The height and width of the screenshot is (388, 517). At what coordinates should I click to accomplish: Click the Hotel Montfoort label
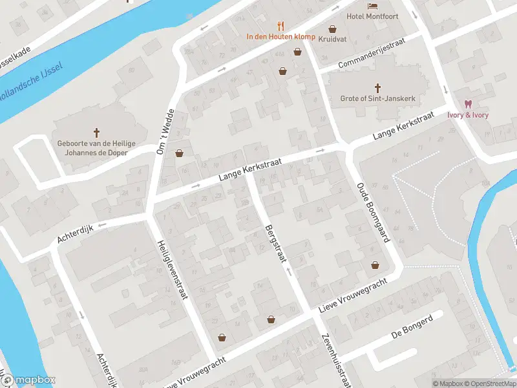pyautogui.click(x=372, y=16)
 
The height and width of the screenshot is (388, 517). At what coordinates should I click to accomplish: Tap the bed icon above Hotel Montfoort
pyautogui.click(x=372, y=6)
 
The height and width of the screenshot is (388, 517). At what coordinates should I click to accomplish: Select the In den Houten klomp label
pyautogui.click(x=280, y=37)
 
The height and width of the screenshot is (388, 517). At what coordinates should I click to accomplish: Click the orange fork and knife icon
pyautogui.click(x=280, y=26)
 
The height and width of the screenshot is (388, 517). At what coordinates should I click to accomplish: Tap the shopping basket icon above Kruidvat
pyautogui.click(x=332, y=29)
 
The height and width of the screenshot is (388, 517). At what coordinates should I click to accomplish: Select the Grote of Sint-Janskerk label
pyautogui.click(x=378, y=99)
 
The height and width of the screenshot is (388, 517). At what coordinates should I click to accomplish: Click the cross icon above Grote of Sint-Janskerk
pyautogui.click(x=378, y=87)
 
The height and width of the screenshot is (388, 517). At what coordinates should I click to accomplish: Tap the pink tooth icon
pyautogui.click(x=468, y=104)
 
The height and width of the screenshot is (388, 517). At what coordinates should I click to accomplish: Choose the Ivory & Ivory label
pyautogui.click(x=468, y=115)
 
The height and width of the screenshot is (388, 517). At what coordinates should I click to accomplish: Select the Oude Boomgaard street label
pyautogui.click(x=373, y=212)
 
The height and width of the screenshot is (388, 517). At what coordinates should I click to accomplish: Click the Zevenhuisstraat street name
pyautogui.click(x=337, y=360)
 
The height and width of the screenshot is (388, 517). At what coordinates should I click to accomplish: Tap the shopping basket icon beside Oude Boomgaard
pyautogui.click(x=375, y=265)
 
